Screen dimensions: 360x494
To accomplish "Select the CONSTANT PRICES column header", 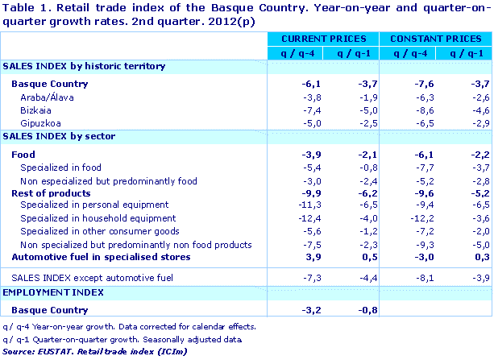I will pos(434,39).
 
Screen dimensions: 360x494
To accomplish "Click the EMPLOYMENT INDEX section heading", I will pos(46,296).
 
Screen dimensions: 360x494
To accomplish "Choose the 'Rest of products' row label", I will pos(51,192).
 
